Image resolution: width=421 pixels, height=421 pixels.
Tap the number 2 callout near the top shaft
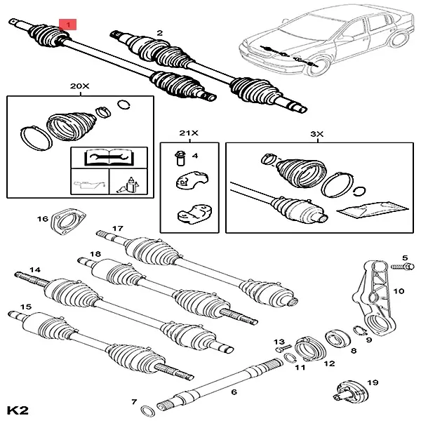[160, 33]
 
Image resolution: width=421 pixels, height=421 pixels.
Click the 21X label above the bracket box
[187, 132]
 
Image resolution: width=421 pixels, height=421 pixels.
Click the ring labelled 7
[148, 409]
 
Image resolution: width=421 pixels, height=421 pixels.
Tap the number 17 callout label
[117, 229]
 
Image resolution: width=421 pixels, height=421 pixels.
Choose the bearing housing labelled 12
[305, 347]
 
